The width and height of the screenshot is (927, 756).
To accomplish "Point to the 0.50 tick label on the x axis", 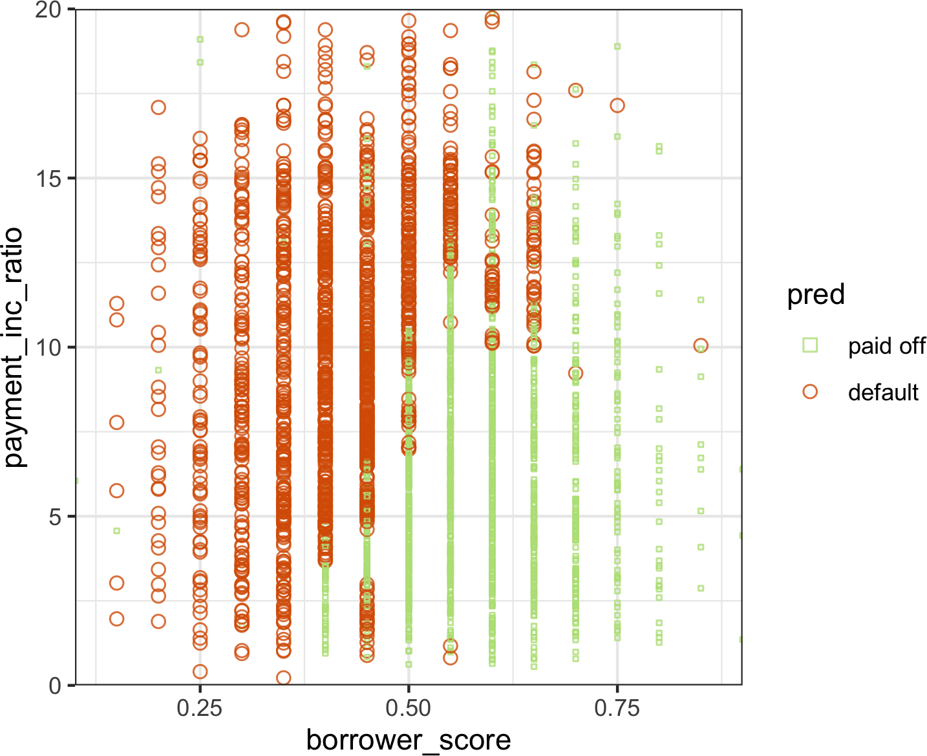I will click(408, 709).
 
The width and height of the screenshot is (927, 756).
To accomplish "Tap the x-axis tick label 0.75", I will click(617, 709).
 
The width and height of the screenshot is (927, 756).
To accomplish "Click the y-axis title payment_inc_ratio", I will click(14, 347).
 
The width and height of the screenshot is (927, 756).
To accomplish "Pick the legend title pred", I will click(815, 295).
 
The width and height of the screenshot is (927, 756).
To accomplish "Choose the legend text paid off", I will click(886, 346).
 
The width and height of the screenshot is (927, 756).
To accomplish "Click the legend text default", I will click(882, 392).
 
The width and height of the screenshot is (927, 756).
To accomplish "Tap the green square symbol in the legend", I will click(809, 345).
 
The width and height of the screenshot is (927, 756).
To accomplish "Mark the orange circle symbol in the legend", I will click(809, 392).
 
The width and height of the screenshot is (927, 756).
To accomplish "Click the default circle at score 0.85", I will click(700, 346).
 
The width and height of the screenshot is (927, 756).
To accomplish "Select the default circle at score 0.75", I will click(617, 105).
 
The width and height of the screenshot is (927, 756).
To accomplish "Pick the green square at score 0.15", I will click(117, 531).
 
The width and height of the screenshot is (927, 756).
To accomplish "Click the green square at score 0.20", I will click(158, 371).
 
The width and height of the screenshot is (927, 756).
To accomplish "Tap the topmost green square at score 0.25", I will click(200, 39).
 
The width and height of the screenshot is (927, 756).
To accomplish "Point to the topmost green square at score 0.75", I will click(617, 47).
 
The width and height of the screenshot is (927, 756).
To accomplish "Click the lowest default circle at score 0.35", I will click(283, 678).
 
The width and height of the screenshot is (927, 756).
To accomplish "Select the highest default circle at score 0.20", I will click(158, 107).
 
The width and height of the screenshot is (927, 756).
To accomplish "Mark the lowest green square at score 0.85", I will click(701, 589).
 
